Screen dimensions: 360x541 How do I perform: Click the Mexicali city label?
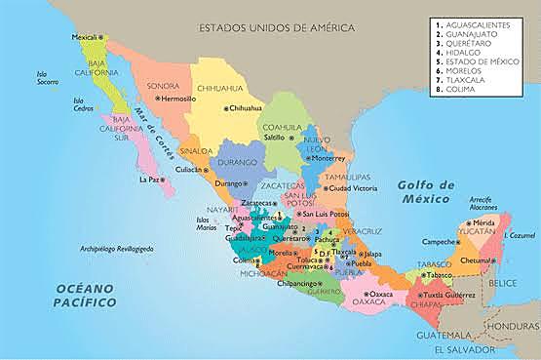tap(87, 37)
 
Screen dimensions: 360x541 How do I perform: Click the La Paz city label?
tap(149, 180)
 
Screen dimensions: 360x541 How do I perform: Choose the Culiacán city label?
tap(188, 169)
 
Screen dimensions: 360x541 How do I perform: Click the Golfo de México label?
tap(427, 192)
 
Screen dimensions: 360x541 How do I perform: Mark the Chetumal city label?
tap(476, 260)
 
